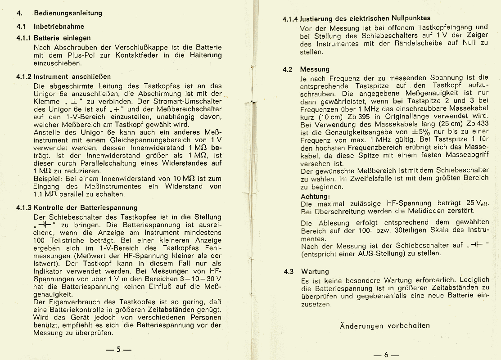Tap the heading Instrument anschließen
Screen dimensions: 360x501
coord(72,76)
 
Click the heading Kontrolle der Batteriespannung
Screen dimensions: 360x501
coord(86,208)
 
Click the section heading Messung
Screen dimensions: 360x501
coord(315,69)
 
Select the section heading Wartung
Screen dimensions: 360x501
coord(315,272)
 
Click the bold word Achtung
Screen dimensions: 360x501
coord(315,196)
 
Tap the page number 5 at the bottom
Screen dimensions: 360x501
coord(118,349)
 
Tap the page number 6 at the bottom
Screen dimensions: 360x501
coord(386,355)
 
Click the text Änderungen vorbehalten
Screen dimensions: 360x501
coord(384,326)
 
